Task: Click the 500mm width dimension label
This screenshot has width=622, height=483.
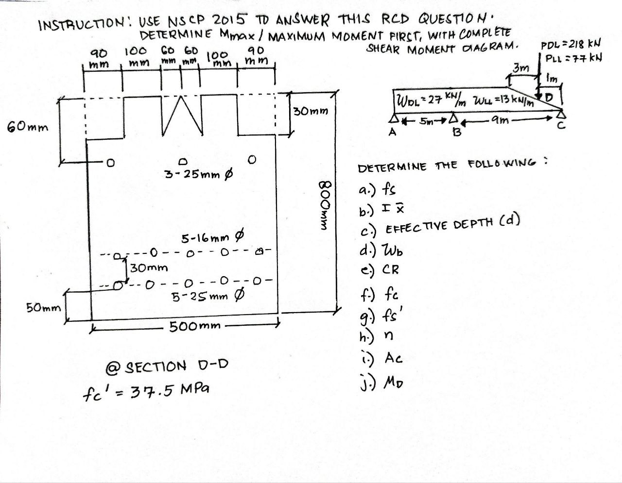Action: click(194, 326)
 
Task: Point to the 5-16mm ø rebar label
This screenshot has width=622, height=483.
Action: click(212, 238)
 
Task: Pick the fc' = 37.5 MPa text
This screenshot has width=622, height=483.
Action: click(146, 390)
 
